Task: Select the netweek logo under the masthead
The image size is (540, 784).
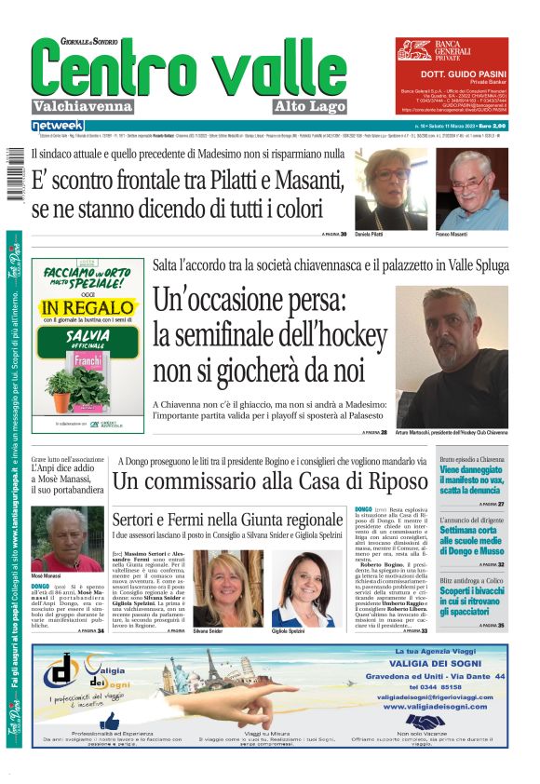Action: click(57, 126)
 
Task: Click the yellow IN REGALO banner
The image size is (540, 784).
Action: click(88, 306)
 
